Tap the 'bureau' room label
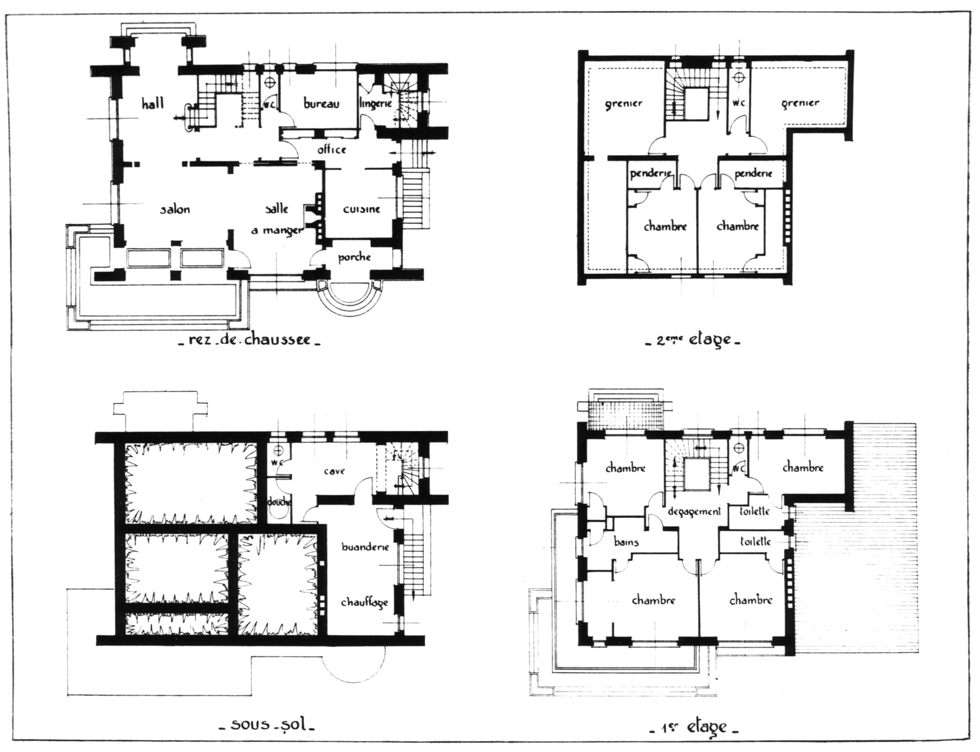[321, 104]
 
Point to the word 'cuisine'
[361, 209]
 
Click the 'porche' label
[355, 258]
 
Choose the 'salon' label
[175, 209]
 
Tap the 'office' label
[331, 149]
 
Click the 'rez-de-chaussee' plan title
[250, 340]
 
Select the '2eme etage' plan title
[692, 340]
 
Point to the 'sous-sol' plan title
[267, 725]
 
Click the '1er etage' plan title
[694, 727]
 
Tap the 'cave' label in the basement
[335, 471]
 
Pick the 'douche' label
[279, 502]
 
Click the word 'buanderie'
[365, 546]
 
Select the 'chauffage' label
[364, 603]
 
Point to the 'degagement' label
[694, 512]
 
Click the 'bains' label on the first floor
[626, 541]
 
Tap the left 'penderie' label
[650, 173]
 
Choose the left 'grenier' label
[624, 103]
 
